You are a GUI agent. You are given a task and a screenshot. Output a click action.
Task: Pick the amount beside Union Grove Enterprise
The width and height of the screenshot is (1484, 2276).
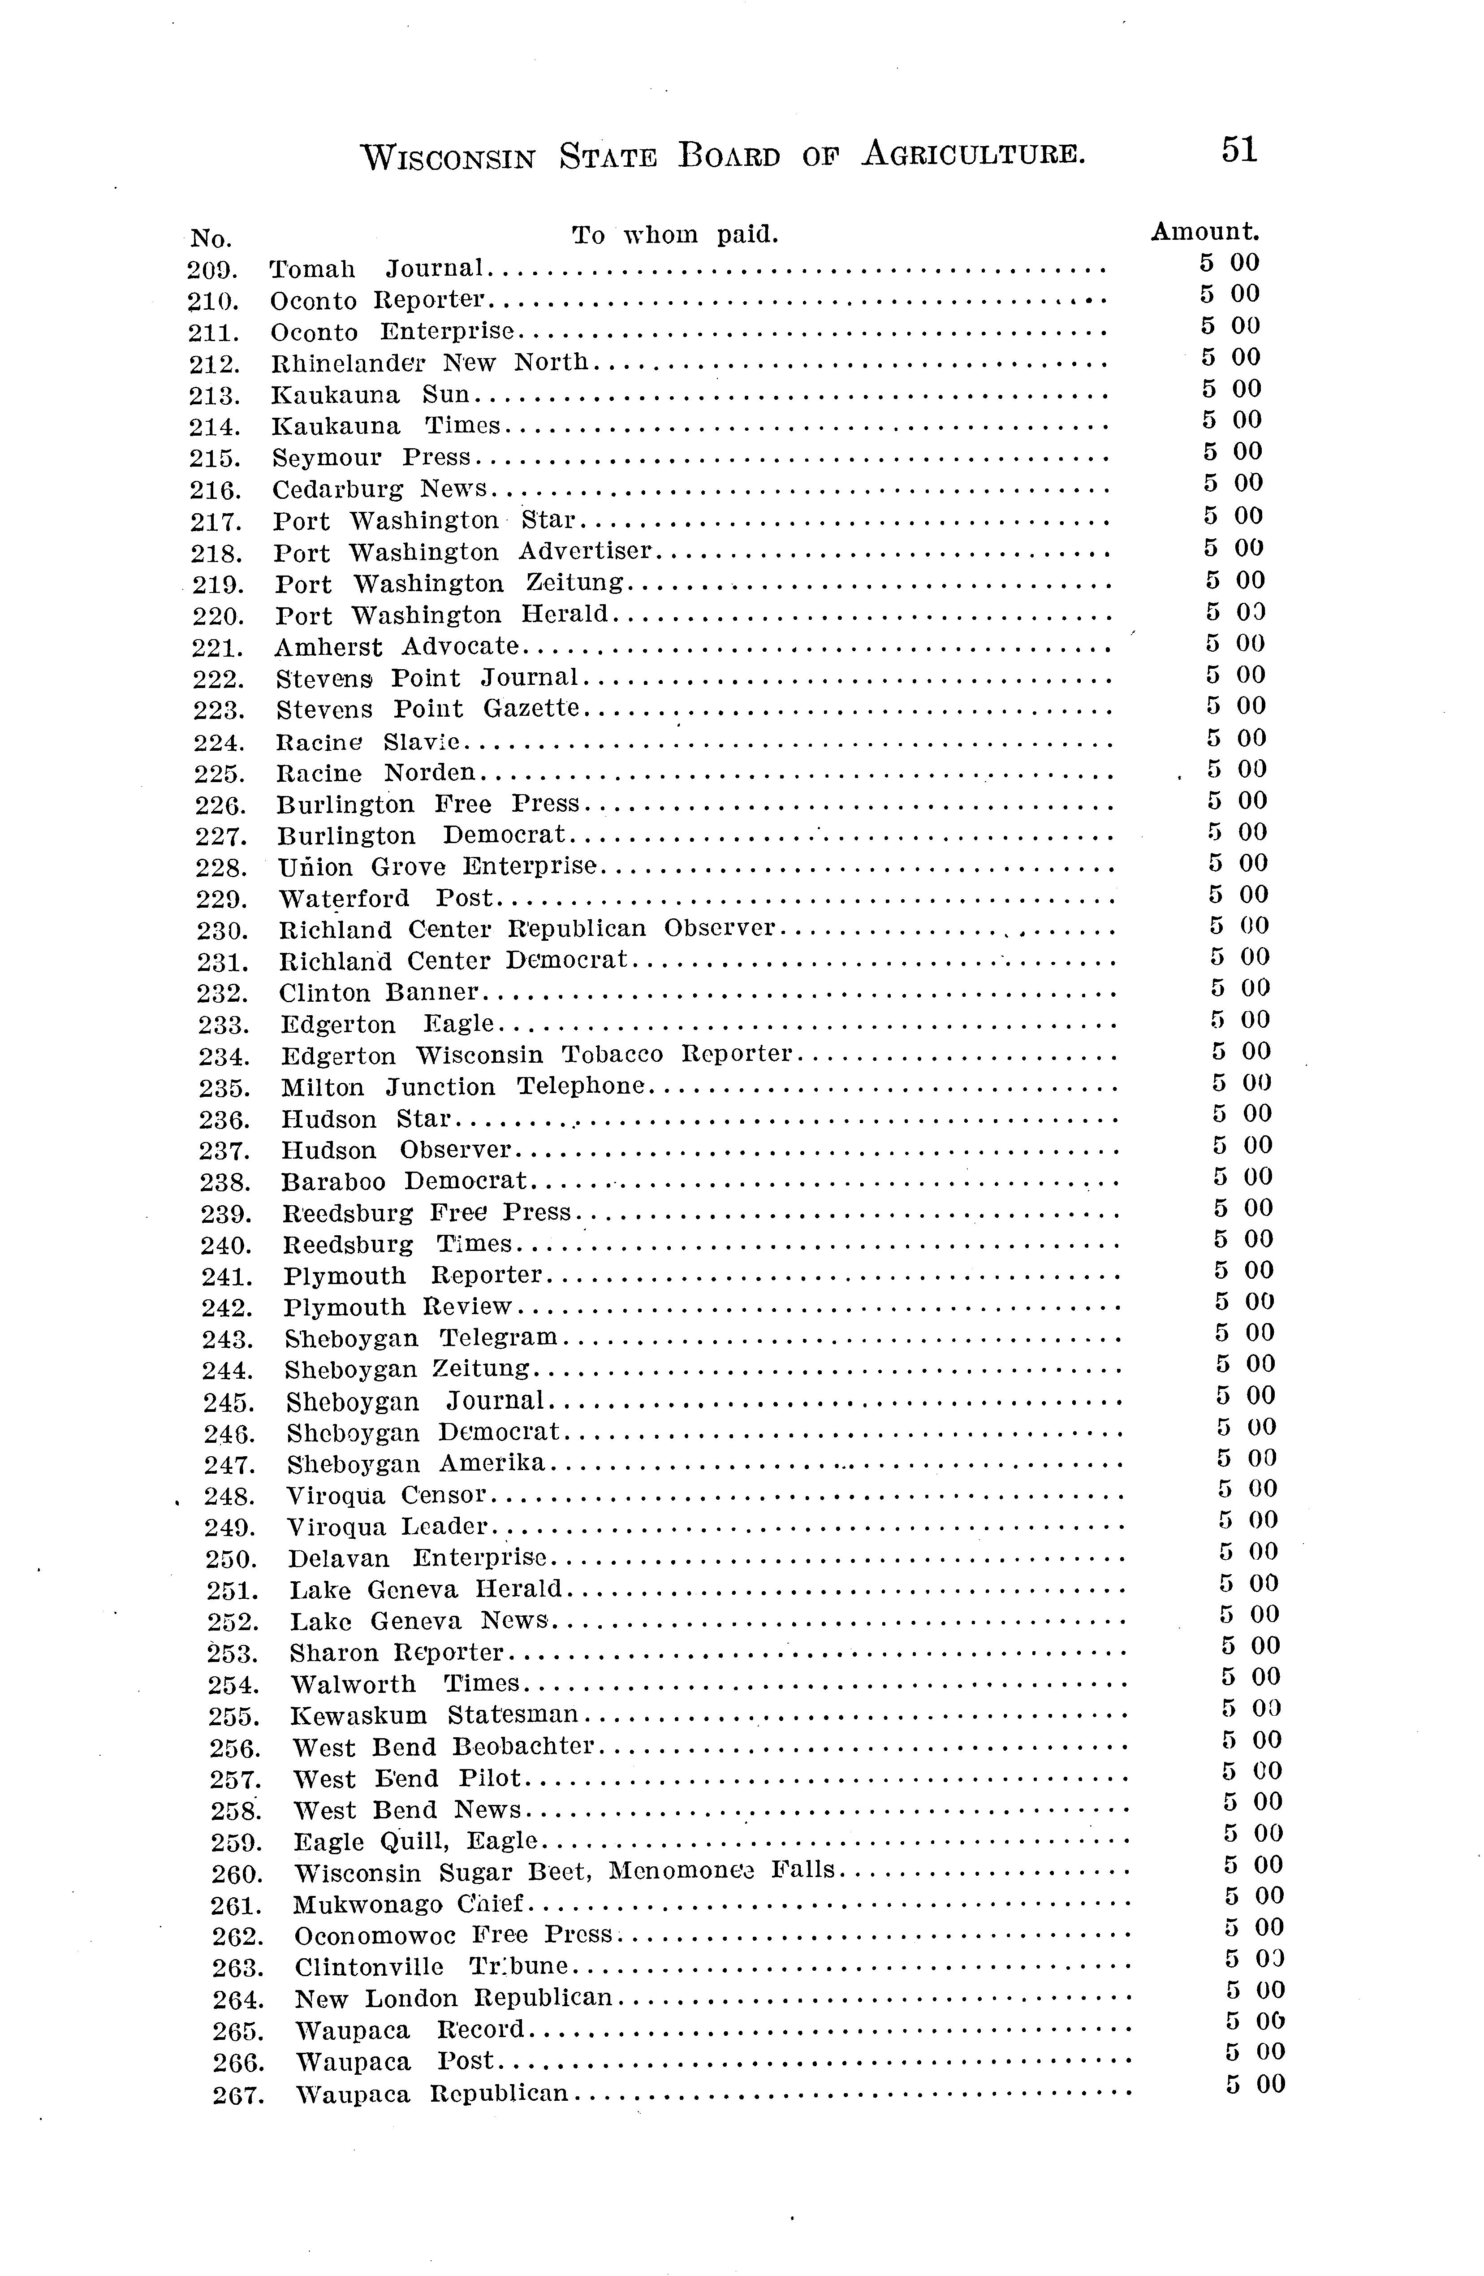[1237, 864]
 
